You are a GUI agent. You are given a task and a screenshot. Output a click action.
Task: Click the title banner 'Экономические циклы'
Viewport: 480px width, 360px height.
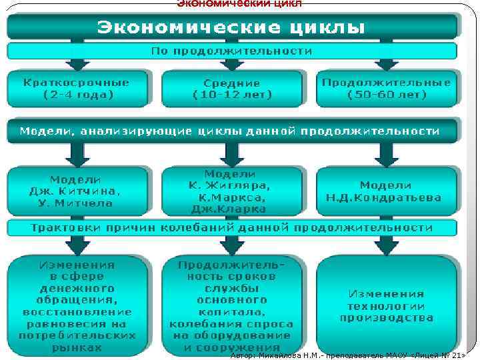coord(232,27)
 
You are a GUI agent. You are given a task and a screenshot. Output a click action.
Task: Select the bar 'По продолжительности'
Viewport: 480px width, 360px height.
coord(232,51)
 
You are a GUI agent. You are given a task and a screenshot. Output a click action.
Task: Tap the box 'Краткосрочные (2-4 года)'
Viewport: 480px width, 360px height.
coord(77,89)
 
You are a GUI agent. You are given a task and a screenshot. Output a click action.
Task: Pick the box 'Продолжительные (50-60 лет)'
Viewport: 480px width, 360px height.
coord(387,89)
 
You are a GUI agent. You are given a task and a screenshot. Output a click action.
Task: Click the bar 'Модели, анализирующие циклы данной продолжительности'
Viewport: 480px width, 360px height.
coord(232,131)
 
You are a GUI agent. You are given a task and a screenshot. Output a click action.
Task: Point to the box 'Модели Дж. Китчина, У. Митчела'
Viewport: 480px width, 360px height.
coord(77,191)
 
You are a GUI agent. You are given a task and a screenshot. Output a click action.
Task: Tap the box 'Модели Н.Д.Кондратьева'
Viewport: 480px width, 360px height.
coord(387,191)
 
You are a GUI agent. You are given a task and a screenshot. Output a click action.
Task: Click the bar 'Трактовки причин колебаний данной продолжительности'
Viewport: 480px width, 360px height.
coord(232,228)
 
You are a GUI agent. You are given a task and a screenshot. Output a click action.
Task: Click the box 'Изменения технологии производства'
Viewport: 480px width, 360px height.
coord(387,305)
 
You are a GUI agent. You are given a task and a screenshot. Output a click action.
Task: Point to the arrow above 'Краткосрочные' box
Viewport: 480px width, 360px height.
coord(77,64)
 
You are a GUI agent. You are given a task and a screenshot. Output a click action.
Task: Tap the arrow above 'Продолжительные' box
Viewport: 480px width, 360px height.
coord(387,64)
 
